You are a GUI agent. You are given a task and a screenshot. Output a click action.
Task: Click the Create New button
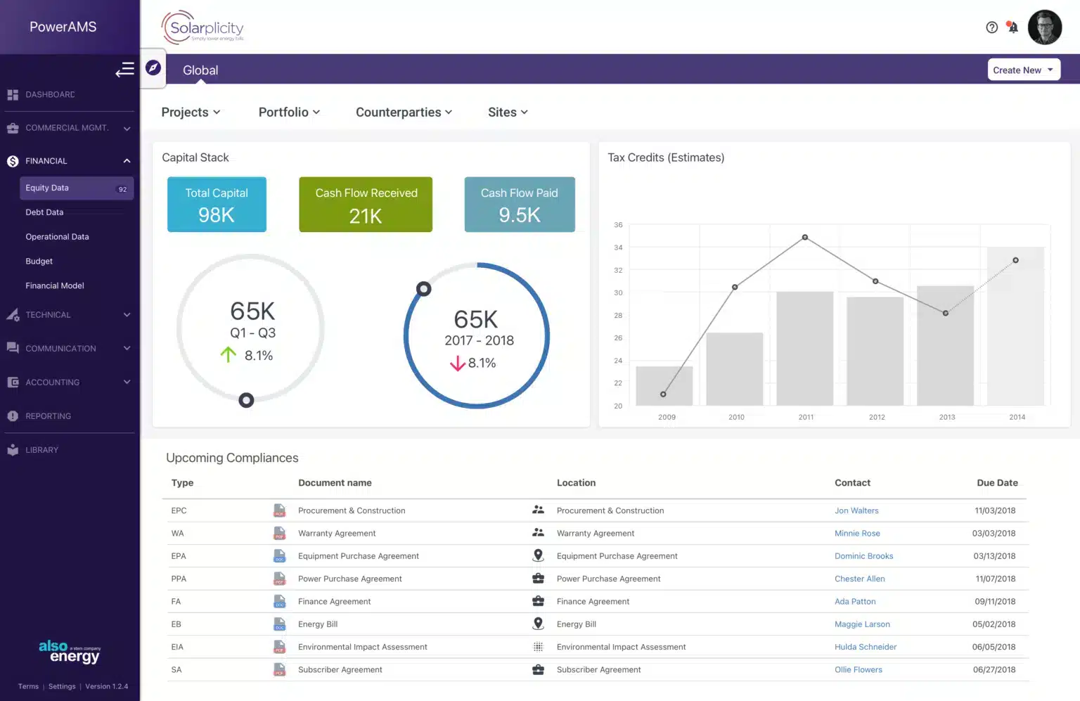coord(1023,70)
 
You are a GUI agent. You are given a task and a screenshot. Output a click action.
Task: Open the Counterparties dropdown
coord(404,112)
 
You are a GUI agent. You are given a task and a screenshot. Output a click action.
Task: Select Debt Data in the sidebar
coord(44,212)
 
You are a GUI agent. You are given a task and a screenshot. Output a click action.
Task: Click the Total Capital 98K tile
coord(217,205)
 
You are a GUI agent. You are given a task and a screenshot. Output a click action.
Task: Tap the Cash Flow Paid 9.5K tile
coord(519,205)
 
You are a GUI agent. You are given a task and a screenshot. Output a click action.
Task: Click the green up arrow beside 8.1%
coord(229,355)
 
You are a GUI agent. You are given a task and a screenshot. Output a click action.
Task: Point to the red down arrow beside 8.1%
coord(457,364)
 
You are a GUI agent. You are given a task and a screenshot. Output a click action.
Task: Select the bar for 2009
coord(664,386)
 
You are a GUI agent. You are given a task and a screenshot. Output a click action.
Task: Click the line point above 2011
coord(805,238)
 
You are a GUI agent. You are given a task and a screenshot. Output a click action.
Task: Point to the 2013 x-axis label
coord(946,417)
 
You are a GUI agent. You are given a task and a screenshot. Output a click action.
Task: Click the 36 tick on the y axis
coord(618,225)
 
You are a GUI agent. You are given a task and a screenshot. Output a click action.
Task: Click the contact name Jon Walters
coord(856,511)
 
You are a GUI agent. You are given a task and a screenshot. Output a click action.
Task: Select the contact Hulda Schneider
coord(865,648)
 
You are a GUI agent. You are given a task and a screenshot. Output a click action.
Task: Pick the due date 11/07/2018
coord(995,579)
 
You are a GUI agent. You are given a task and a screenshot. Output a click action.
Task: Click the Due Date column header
coord(996,483)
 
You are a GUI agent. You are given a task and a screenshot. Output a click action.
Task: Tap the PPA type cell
coord(179,579)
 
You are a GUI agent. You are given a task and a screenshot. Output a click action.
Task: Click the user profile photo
coord(1044,27)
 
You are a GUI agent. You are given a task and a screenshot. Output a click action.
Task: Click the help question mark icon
coord(991,27)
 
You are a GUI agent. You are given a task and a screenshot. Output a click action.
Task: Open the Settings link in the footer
coord(62,687)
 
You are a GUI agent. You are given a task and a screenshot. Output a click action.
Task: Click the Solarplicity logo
coord(202,28)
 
